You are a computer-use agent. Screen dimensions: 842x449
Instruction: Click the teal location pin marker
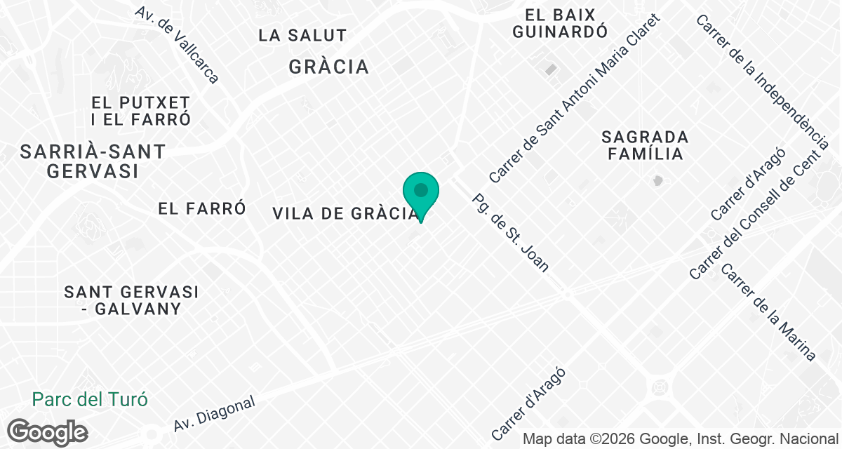pos(421,193)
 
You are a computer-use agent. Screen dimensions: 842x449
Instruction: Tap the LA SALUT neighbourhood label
pos(302,35)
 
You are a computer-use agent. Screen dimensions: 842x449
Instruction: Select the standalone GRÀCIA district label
pos(328,67)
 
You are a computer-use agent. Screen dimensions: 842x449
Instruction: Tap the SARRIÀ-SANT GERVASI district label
pos(93,161)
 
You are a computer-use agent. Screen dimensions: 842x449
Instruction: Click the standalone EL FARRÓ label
pos(202,208)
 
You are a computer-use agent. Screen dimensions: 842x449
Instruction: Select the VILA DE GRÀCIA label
pos(344,214)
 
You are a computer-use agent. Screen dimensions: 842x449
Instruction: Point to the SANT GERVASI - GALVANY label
pos(131,300)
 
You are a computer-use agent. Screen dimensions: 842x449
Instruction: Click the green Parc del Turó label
pos(90,400)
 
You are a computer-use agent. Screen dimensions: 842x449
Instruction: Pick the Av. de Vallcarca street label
pos(178,45)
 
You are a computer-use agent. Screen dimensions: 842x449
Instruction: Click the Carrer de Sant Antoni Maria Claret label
pos(575,99)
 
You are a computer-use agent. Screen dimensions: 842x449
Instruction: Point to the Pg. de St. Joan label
pos(511,232)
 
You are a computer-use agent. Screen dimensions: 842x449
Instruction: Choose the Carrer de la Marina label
pos(769,312)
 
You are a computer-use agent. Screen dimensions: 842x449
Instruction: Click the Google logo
pos(47,432)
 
